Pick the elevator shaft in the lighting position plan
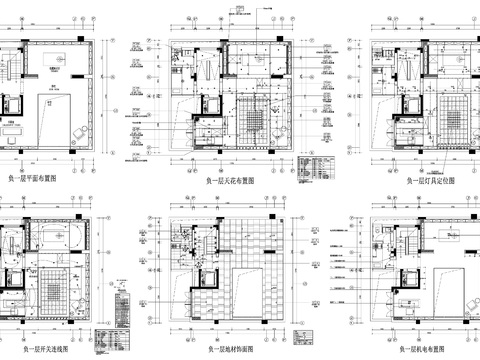pos(409,104)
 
